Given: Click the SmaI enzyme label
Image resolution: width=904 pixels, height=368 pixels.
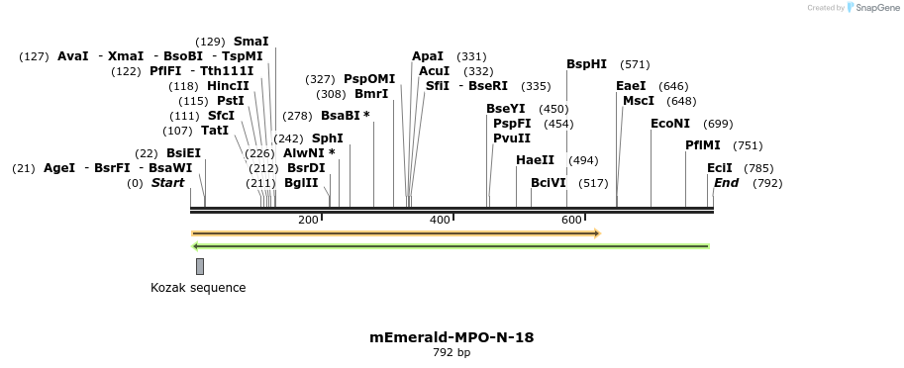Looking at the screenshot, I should pos(251,42).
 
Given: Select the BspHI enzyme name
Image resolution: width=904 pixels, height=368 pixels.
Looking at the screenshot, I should pos(587,64).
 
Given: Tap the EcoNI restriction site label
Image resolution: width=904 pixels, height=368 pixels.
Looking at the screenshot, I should pos(670,124).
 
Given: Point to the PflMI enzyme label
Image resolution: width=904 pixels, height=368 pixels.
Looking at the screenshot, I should pos(703,145).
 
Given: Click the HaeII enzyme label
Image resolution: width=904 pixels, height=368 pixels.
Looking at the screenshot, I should pos(536,160).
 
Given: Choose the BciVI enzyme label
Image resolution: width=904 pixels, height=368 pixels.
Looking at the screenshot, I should pos(549,183).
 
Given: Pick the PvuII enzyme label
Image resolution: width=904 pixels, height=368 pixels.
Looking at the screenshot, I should pos(512,138).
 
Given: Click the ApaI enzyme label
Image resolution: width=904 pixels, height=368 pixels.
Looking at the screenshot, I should pos(428,56).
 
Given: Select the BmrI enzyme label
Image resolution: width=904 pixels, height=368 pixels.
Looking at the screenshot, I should pos(371,94).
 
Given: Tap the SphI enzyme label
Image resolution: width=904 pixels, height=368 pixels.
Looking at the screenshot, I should pos(328,138).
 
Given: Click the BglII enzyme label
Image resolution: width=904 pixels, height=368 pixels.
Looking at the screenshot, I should pos(301,183).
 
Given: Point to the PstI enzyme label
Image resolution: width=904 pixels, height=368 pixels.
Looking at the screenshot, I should pos(230,101).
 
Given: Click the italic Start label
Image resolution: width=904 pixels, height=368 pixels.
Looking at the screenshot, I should pos(167,183).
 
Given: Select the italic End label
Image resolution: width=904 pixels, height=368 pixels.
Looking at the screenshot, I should pos(726,183).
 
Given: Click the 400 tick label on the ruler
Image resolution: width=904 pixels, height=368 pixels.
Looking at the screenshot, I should pos(441,219).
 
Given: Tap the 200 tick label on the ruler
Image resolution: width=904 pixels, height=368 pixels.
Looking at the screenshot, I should pos(308,219).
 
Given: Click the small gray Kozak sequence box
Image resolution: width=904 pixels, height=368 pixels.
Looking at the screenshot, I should pos(200,266).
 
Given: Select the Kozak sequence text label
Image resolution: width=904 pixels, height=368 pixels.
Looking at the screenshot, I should pos(198,288).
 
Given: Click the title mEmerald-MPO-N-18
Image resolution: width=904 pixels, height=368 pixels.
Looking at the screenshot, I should pos(452,337).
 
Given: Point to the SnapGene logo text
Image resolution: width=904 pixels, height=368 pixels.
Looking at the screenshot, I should pos(872,8).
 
